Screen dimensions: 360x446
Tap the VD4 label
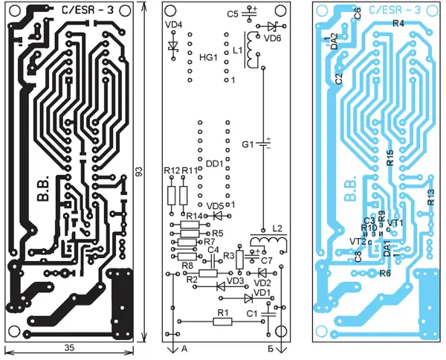click(174, 25)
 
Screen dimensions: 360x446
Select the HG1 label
click(207, 57)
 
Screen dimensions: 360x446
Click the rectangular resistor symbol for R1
click(220, 321)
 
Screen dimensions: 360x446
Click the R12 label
click(171, 171)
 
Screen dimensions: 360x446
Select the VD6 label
click(274, 36)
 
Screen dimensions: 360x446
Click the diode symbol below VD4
click(174, 48)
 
